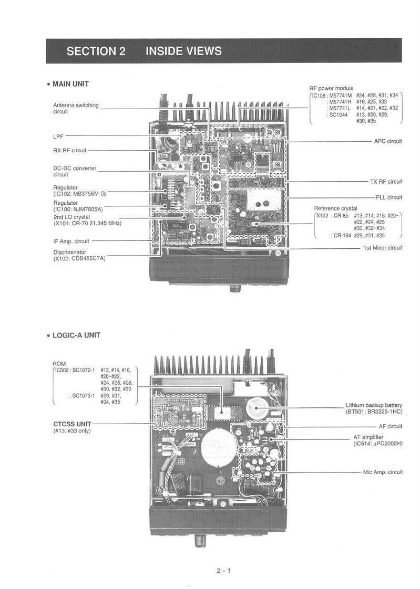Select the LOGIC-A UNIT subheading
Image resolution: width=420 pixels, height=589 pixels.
76,335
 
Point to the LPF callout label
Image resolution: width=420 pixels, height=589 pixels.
58,136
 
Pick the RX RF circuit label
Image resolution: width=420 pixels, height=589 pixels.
69,151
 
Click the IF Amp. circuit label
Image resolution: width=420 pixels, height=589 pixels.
71,241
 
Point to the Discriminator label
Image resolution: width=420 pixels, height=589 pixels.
69,252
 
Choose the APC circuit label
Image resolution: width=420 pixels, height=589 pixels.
387,141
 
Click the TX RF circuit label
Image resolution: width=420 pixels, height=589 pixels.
386,182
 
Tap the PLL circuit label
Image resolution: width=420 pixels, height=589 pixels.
389,197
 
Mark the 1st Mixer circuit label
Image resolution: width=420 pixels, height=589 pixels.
383,248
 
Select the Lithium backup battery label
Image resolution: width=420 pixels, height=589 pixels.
374,405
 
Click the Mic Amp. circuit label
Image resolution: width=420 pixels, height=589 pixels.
383,472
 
